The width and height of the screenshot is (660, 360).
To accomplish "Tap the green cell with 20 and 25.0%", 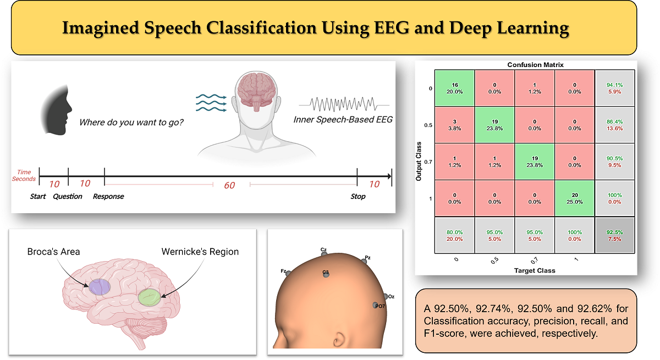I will tap(575, 198).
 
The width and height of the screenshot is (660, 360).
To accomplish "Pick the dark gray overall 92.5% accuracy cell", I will tap(615, 236).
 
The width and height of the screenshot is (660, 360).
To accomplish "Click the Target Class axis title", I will tap(534, 270).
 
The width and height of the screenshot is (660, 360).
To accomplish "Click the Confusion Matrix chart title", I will tap(535, 65).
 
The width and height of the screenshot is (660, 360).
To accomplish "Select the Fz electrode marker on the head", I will tap(288, 273).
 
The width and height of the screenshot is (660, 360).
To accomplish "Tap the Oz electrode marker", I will tap(386, 297).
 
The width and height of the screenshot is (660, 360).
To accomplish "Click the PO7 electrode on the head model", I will tap(376, 305).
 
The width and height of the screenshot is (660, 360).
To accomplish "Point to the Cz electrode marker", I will tap(324, 254).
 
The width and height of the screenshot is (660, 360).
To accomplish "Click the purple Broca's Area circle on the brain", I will tap(99, 286).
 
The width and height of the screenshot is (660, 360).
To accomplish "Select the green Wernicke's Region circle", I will tap(150, 297).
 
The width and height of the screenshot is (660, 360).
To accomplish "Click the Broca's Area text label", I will tap(53, 252).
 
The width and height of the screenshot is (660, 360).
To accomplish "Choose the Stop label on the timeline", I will tap(358, 196).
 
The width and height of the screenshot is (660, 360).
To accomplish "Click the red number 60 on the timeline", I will tap(230, 185).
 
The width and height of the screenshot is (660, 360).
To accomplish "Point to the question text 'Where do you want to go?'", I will tap(131, 121).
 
